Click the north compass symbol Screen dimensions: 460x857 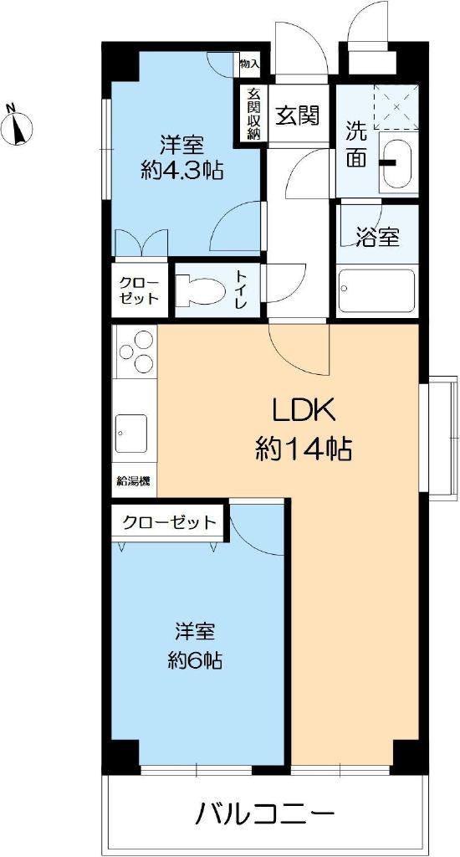point(17,126)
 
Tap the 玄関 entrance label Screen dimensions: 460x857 point(297,115)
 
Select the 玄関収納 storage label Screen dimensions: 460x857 point(253,114)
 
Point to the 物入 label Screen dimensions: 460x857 point(249,64)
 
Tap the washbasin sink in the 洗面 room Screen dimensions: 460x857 point(398,163)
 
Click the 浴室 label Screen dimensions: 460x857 point(378,236)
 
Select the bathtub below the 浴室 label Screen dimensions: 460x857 point(376,290)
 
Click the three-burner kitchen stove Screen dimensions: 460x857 point(135,352)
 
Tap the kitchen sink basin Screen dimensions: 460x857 point(131,433)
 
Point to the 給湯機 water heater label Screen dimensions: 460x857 point(134,481)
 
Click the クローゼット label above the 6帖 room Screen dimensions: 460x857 point(169,522)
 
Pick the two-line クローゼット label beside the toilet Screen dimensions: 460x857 point(140,290)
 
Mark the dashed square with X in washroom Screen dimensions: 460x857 point(396,107)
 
